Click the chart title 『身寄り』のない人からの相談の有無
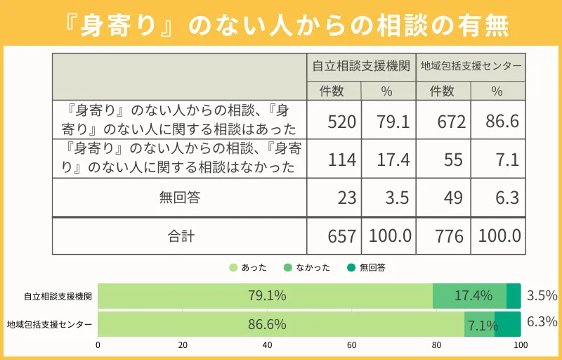point(281,27)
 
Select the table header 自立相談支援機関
point(361,66)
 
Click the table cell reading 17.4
point(388,160)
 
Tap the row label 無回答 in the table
point(180,198)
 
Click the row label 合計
point(180,236)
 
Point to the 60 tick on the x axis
point(352,346)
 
